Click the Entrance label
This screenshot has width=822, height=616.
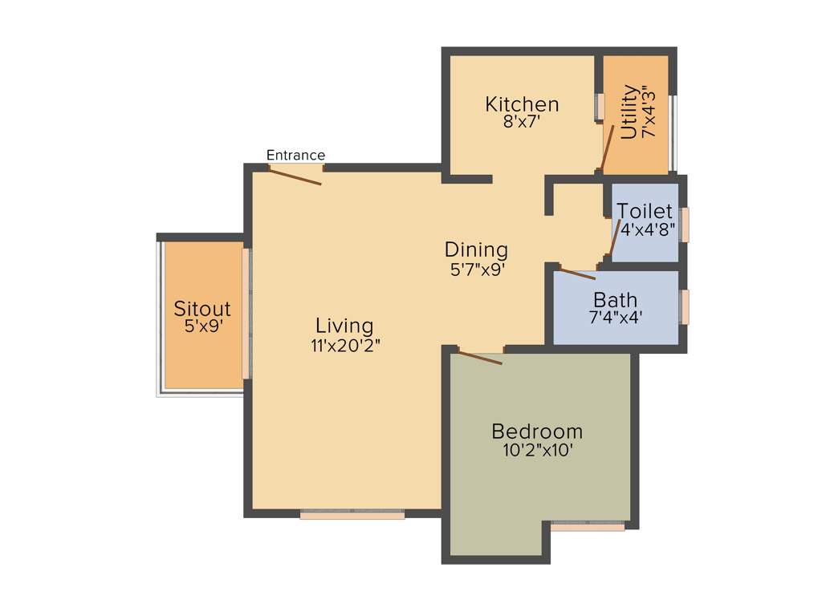pos(295,156)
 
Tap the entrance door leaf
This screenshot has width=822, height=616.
pos(295,176)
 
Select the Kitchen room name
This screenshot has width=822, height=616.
pos(522,105)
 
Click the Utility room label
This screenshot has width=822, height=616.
pos(629,112)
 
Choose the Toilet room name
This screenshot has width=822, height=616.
pos(645,211)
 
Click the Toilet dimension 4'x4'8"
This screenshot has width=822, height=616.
pos(647,229)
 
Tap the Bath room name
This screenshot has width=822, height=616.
pos(616,300)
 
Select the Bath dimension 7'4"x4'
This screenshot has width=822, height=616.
pos(616,317)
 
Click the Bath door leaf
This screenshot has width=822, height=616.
pos(577,274)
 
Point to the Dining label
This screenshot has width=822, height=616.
pos(477,249)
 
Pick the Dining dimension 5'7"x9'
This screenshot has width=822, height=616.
pos(477,269)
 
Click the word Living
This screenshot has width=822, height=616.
pos(344,326)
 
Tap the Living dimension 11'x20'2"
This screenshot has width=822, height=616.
pos(344,346)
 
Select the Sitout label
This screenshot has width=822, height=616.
pos(202,309)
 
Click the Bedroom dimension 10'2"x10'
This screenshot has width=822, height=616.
pos(537,451)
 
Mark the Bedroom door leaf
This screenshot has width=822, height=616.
pos(479,358)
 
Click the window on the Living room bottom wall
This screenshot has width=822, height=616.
pos(352,515)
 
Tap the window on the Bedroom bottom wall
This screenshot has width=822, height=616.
pos(588,527)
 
